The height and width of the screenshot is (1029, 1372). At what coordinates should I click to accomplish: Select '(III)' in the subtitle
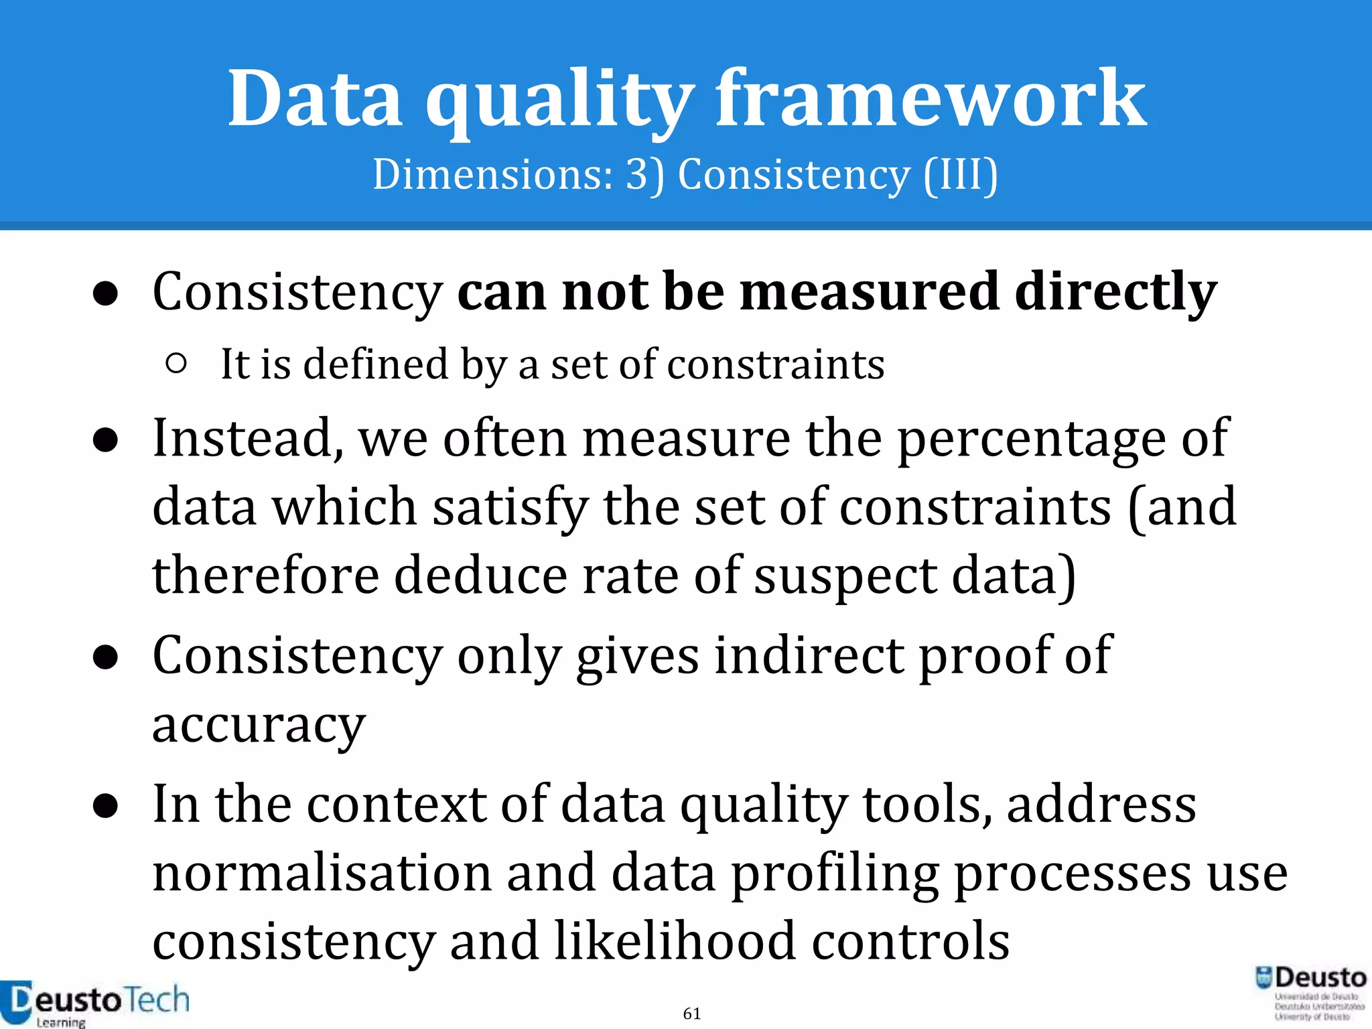[961, 176]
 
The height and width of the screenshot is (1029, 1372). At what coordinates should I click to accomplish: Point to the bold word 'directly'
[1115, 292]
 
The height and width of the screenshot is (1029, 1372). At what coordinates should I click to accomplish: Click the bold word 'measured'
[870, 292]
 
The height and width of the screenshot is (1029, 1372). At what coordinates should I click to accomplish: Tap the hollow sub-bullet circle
[176, 364]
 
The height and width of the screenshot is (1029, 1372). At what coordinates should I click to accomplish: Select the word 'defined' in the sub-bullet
[375, 364]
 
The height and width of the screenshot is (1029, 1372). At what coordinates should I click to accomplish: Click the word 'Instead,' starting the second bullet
[249, 439]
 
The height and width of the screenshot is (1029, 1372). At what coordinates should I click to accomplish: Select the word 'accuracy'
[259, 726]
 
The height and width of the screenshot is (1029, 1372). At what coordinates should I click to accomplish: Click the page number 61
[692, 1014]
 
